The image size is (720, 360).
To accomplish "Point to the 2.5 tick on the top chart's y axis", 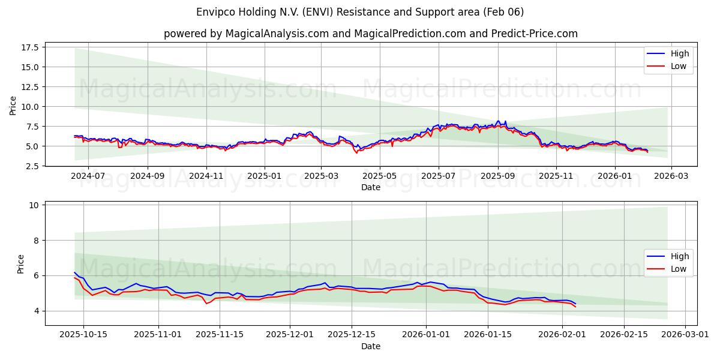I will point(32,166).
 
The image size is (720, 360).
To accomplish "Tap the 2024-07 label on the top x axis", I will point(88,176).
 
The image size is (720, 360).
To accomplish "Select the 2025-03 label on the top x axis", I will point(321,176).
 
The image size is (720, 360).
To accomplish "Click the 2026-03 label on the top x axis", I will point(671,176).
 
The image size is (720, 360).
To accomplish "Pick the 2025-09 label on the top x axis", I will point(497,176).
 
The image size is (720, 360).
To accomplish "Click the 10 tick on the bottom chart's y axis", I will point(34,205).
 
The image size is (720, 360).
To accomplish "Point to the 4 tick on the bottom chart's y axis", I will point(36,311).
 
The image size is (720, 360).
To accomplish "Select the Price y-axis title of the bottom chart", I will point(21,264).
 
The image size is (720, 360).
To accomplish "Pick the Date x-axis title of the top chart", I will point(370,187).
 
